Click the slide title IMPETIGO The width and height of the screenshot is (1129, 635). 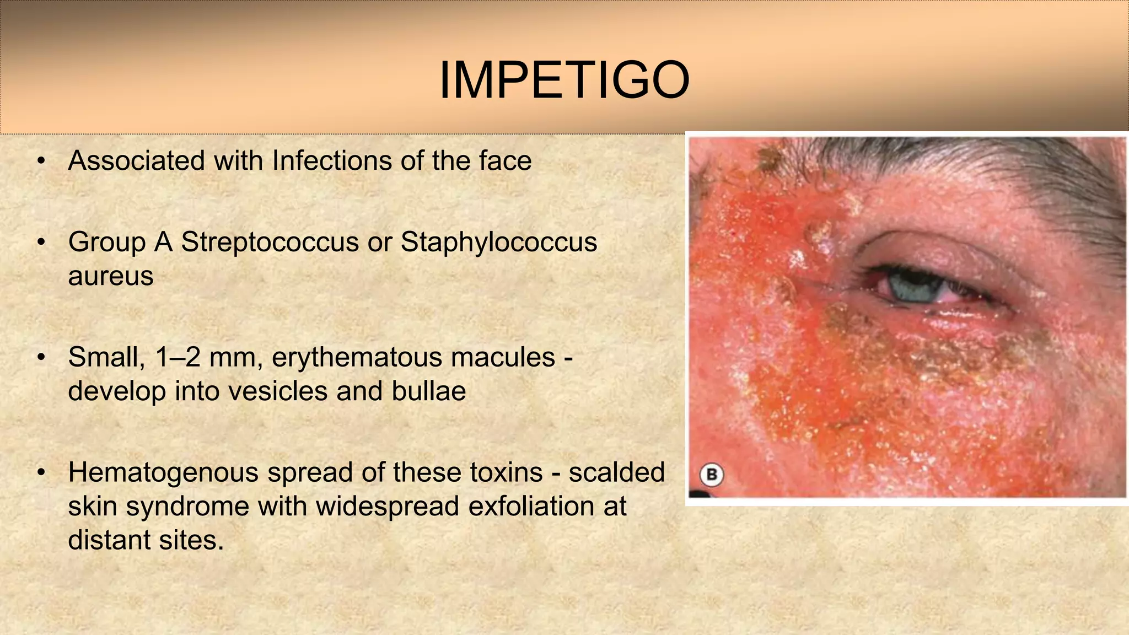click(564, 80)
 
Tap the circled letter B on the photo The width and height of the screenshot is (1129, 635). click(712, 475)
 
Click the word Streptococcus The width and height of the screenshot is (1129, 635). click(270, 242)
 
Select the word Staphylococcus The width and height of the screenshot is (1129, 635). click(498, 242)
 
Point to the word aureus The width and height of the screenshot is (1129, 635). click(110, 276)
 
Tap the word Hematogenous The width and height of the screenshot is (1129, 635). click(163, 472)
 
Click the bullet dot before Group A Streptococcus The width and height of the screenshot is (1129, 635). click(41, 243)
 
